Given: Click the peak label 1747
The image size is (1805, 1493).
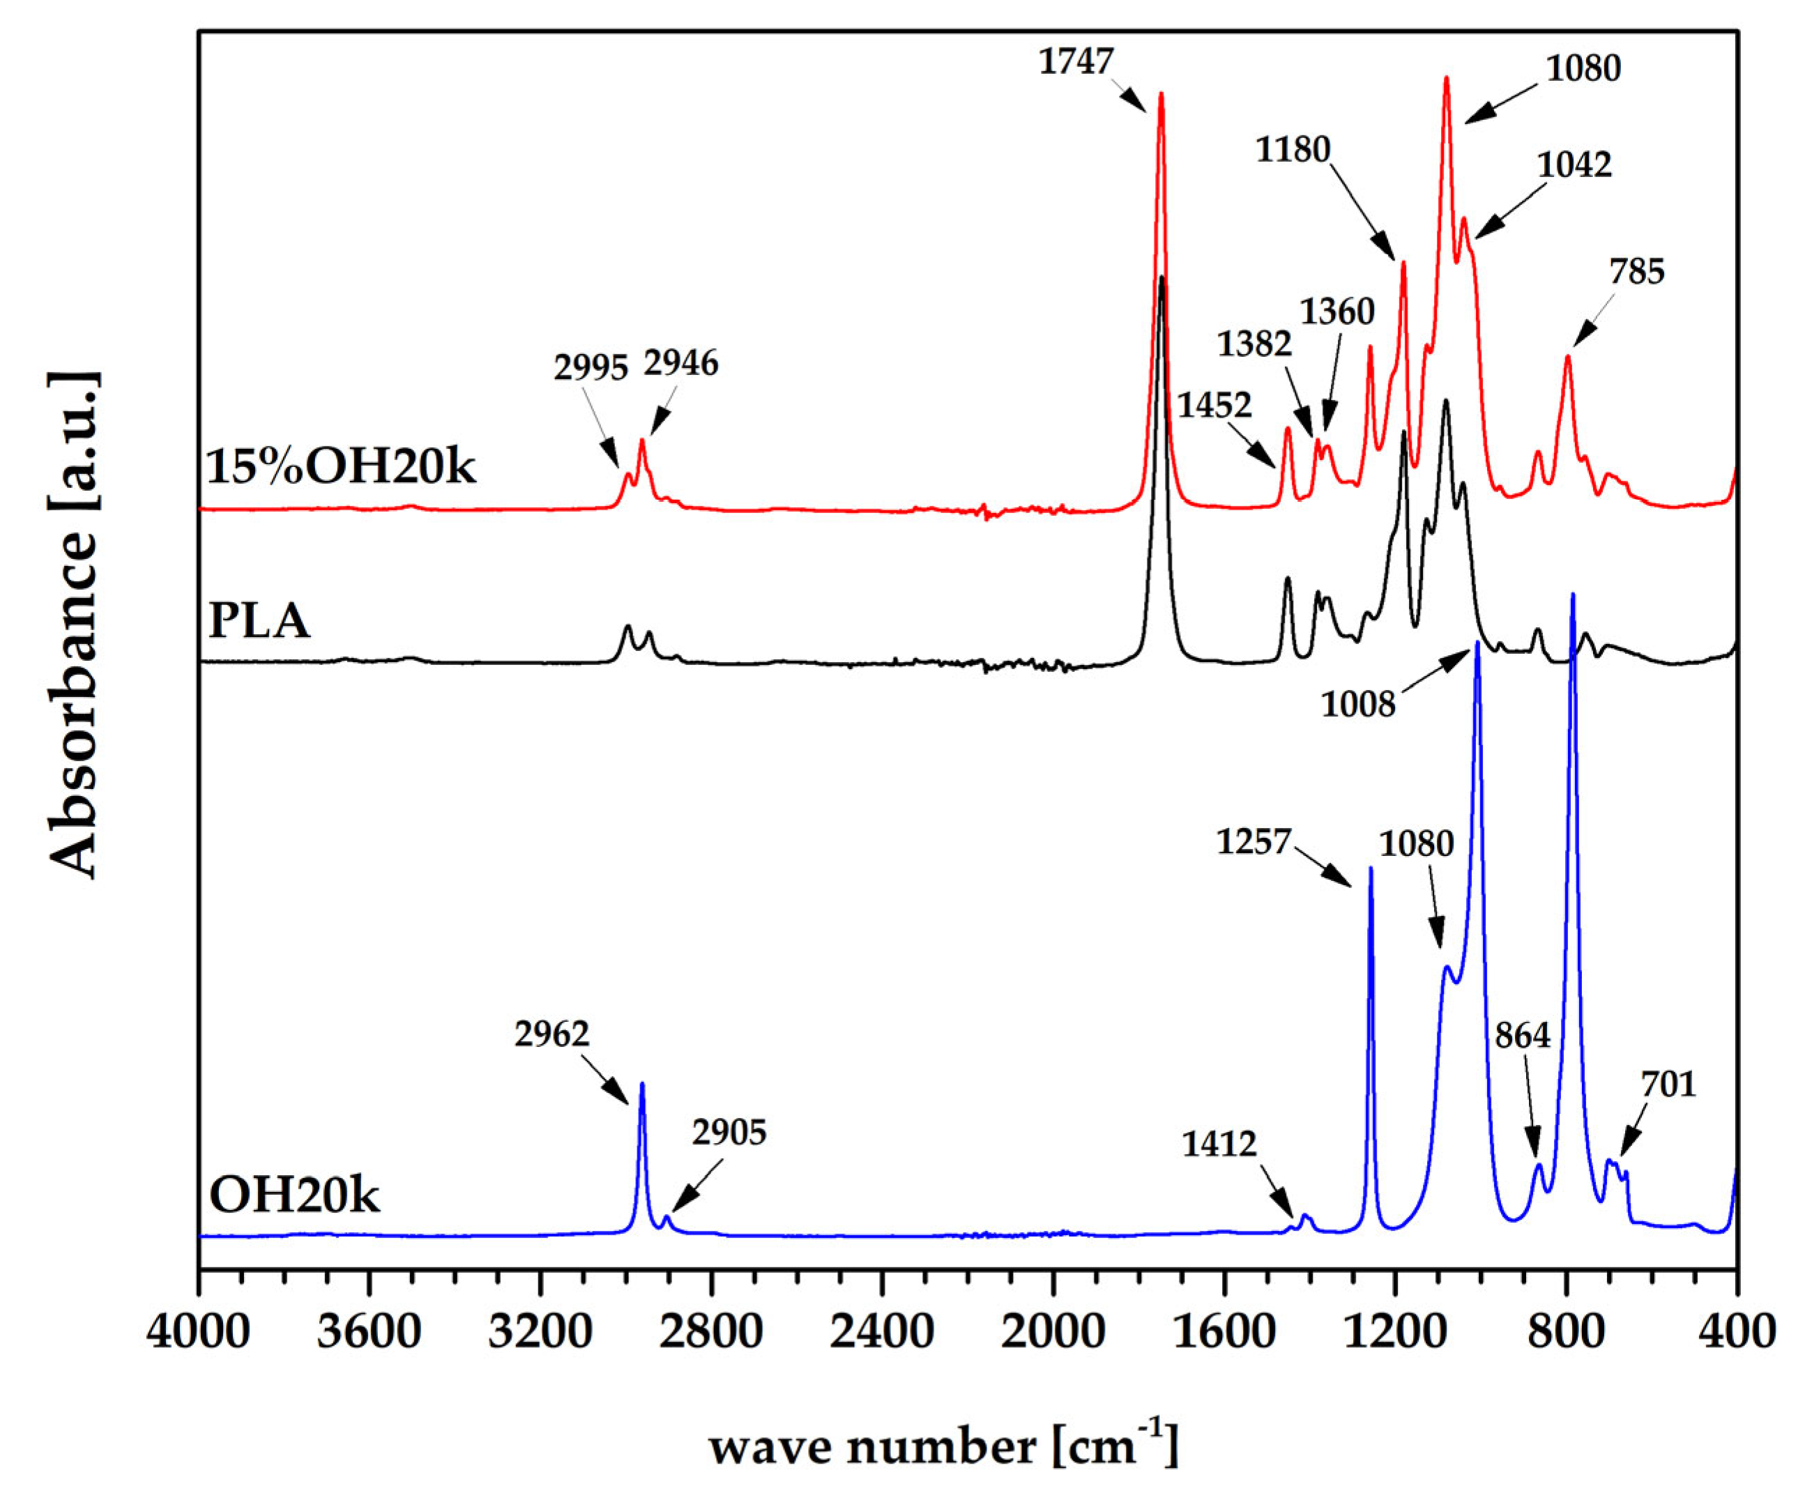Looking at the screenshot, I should [x=1076, y=63].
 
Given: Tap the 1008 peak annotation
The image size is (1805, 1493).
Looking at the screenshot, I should [x=1358, y=705].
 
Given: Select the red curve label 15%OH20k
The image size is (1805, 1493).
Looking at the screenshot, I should [x=341, y=468].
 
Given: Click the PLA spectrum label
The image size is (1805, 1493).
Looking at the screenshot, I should [x=259, y=620].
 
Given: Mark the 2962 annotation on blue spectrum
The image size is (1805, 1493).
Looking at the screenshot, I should [x=551, y=1035].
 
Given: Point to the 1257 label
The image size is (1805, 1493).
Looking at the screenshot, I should [x=1254, y=841].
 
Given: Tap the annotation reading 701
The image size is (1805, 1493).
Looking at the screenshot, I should [x=1668, y=1085].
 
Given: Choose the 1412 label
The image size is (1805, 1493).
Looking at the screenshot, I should [x=1219, y=1145].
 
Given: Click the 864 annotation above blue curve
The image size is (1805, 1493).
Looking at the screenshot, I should [x=1522, y=1036].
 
